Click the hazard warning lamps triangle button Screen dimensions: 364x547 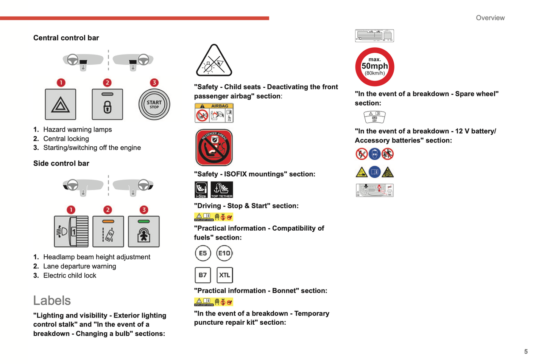(x=61, y=104)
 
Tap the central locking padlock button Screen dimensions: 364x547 (x=108, y=104)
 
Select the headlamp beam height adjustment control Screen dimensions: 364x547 (x=71, y=231)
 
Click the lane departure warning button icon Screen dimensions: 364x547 (x=108, y=231)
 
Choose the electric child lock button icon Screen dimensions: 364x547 (x=144, y=231)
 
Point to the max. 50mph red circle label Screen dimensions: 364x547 (x=375, y=67)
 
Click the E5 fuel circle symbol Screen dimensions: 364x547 (x=203, y=253)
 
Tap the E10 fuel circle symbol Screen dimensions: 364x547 (x=224, y=253)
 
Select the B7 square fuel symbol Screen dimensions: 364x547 (x=203, y=275)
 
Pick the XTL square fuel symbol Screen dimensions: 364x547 (x=224, y=275)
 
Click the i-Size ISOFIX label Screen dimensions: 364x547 (x=201, y=190)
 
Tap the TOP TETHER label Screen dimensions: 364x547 (x=222, y=190)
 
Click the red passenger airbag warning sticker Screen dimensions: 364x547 (x=214, y=147)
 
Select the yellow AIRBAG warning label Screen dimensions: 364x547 (x=214, y=113)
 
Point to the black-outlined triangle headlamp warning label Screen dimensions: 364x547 (x=214, y=61)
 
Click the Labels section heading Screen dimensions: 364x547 (x=52, y=300)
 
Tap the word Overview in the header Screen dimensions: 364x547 (x=490, y=18)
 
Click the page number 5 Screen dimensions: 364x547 (x=526, y=352)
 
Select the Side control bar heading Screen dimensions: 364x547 (x=61, y=163)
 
